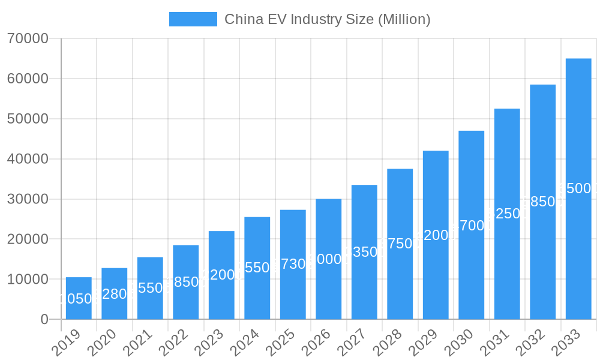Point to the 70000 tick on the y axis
(x=28, y=39)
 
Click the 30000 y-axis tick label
(x=28, y=199)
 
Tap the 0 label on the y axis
(x=44, y=320)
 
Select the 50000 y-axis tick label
(x=28, y=119)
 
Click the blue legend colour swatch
(x=193, y=19)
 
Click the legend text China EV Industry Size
(x=327, y=19)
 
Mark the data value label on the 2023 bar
(x=221, y=275)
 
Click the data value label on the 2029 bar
(x=436, y=235)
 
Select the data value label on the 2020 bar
(x=114, y=294)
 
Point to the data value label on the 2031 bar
(x=507, y=214)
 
